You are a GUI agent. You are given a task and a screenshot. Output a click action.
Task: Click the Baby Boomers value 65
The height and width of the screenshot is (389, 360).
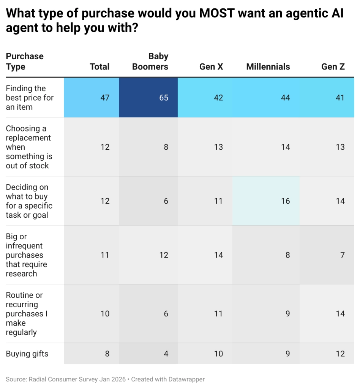(164, 98)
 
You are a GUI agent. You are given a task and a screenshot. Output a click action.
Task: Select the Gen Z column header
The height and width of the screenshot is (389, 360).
(333, 66)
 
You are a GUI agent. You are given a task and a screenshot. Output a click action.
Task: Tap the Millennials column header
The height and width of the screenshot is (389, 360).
(268, 66)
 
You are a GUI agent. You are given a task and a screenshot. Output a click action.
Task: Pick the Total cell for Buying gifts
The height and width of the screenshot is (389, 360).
(107, 354)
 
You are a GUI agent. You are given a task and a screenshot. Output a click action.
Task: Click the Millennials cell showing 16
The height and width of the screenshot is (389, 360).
(285, 201)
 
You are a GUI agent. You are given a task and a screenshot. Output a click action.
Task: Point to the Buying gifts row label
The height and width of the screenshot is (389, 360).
(27, 354)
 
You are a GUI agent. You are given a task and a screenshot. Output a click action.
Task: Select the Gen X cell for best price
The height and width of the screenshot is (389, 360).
(218, 98)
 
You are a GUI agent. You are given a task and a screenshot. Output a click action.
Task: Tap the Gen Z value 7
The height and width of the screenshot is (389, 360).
(342, 255)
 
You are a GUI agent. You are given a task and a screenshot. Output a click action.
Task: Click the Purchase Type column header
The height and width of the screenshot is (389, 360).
(25, 62)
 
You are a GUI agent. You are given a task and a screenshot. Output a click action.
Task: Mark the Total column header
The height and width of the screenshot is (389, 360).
(99, 66)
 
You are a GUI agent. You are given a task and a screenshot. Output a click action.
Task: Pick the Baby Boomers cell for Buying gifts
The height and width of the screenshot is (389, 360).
(166, 354)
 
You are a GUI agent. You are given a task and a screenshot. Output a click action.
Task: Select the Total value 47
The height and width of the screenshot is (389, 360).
(105, 98)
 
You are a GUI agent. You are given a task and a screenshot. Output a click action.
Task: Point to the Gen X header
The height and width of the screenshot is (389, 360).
(211, 66)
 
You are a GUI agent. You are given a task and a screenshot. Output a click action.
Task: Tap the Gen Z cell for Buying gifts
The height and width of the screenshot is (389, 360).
(340, 354)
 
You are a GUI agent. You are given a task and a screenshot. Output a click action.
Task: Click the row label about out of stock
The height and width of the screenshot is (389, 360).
(28, 147)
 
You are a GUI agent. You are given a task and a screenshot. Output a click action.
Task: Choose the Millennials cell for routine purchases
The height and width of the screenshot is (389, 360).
(287, 313)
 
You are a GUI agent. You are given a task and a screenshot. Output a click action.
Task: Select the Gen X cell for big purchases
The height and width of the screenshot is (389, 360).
(218, 255)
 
